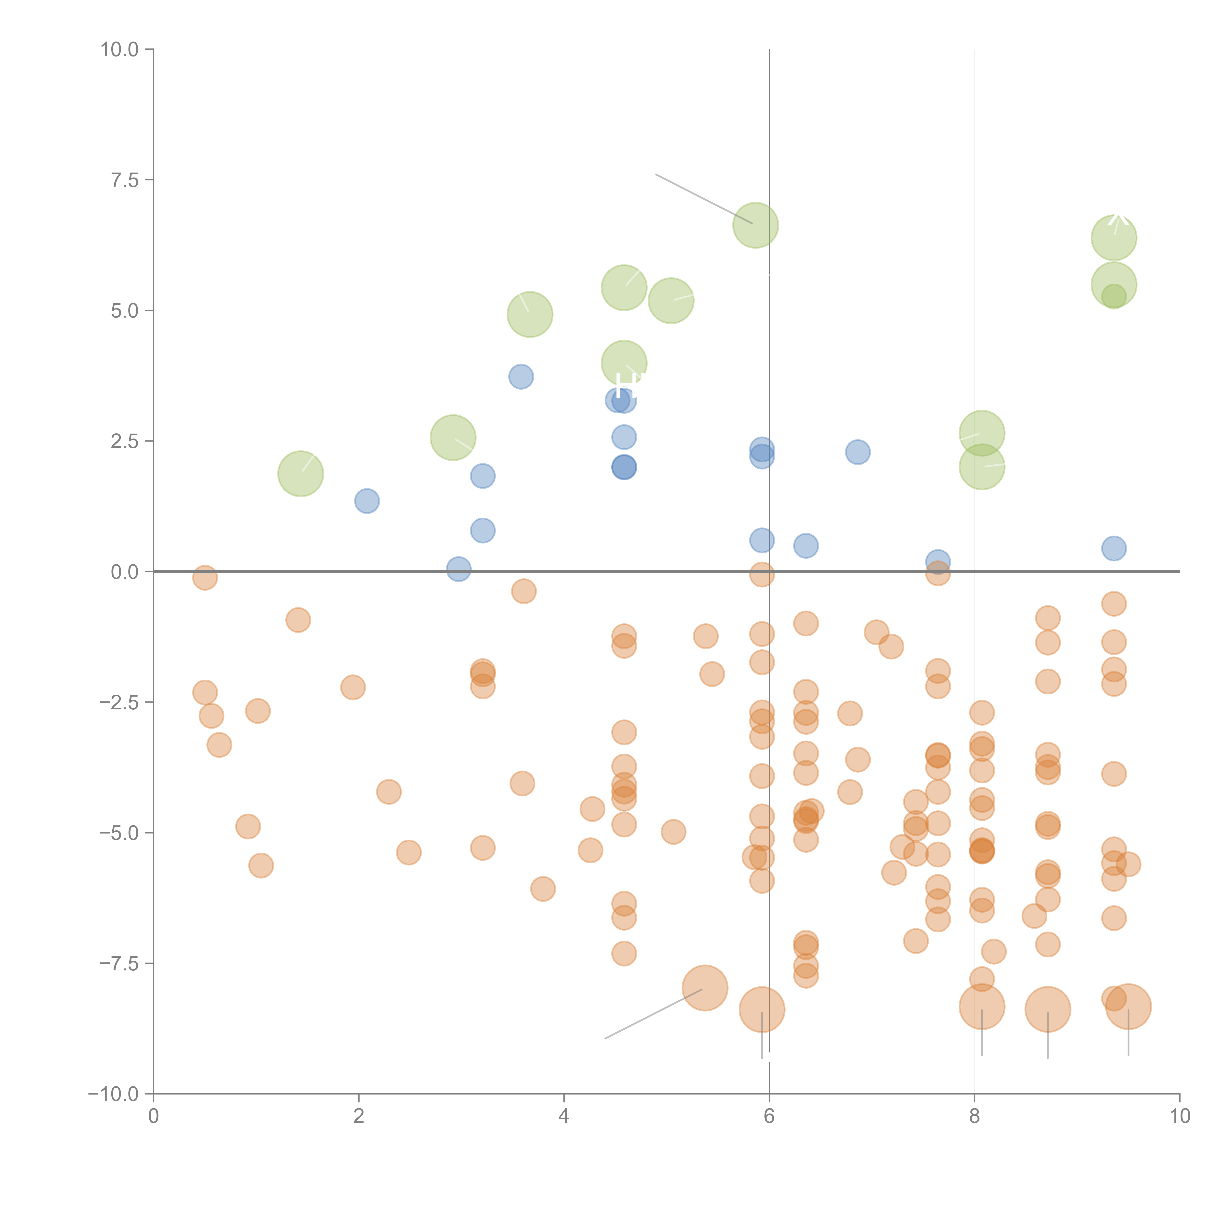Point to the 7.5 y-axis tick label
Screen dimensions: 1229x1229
pyautogui.click(x=125, y=180)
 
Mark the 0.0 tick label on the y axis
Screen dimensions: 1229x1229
pyautogui.click(x=125, y=572)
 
